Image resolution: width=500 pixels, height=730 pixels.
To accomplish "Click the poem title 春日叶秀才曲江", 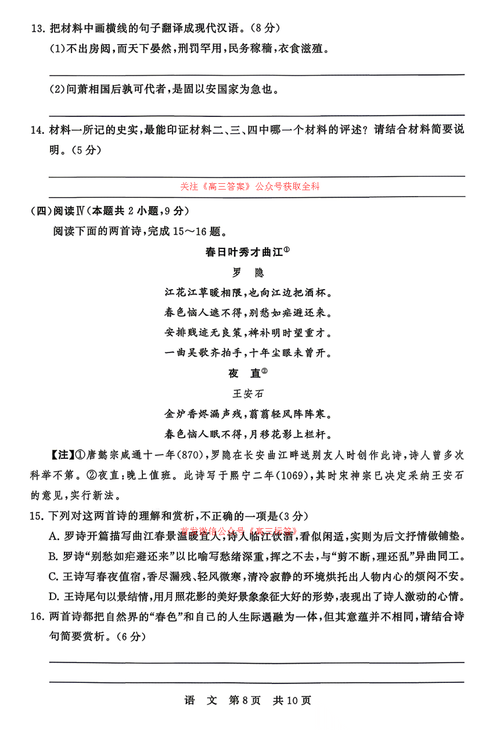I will click(x=244, y=252).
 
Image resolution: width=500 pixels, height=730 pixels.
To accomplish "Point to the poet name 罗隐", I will click(x=247, y=273).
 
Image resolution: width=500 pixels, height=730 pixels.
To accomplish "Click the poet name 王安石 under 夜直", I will click(x=247, y=394).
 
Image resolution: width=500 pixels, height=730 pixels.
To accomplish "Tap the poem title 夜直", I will click(x=244, y=373).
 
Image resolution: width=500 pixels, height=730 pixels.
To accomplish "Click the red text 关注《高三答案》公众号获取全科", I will click(x=250, y=187).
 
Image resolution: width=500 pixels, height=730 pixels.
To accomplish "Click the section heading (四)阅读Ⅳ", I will click(x=56, y=211).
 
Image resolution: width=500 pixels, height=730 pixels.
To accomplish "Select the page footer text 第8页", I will click(x=244, y=700).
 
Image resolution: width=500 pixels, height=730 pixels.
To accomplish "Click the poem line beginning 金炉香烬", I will click(x=247, y=414).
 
